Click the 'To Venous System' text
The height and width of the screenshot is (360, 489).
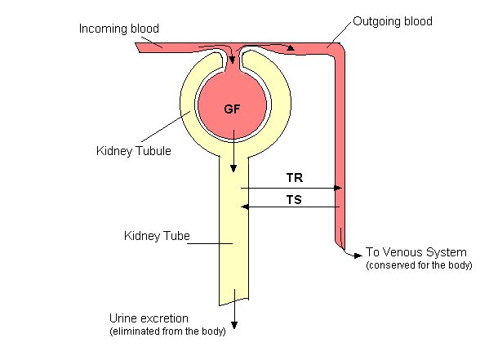point(416,252)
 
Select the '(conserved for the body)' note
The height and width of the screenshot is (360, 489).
point(419,265)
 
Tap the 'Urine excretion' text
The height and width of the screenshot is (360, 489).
point(149,318)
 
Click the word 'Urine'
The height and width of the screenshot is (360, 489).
point(124,318)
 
